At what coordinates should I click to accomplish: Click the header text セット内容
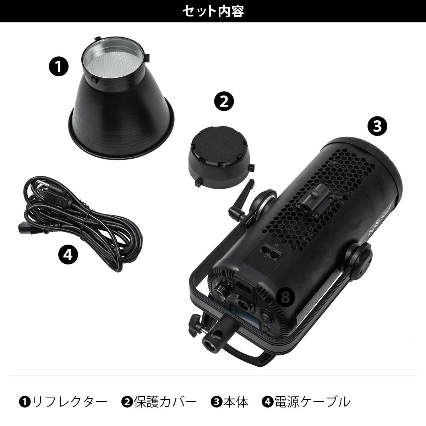point(213,11)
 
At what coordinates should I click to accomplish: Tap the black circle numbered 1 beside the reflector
point(59,67)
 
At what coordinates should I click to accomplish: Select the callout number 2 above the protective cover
point(224,102)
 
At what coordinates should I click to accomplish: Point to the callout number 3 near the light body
point(377,126)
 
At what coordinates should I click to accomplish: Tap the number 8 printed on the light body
point(285,297)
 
